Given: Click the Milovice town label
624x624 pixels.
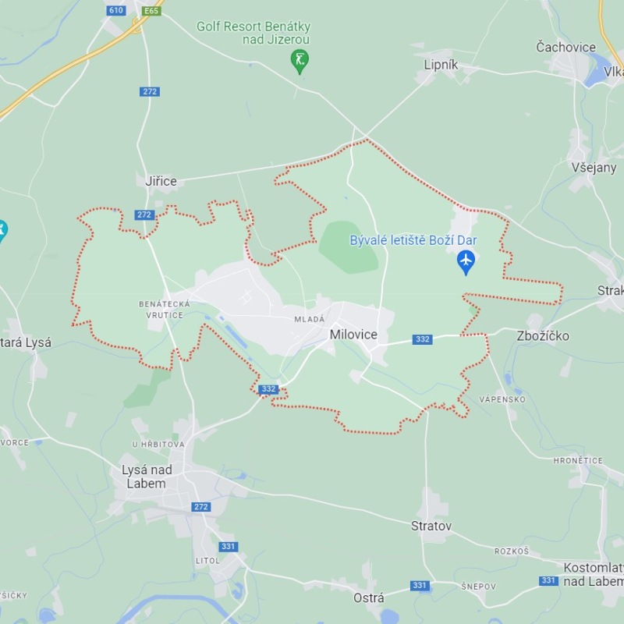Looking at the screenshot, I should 353,335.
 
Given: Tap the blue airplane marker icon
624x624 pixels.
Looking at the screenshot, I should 466,261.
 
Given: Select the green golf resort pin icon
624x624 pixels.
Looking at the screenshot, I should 300,59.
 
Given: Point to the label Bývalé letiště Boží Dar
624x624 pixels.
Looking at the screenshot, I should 413,240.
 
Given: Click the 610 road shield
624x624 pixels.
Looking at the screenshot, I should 116,10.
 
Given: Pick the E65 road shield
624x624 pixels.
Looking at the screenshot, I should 151,10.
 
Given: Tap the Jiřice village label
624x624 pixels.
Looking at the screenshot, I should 161,181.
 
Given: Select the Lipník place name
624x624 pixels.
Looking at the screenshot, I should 441,65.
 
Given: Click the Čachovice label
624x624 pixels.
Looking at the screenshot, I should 565,47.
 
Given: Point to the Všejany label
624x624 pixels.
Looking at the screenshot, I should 594,167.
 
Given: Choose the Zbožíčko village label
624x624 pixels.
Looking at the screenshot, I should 543,335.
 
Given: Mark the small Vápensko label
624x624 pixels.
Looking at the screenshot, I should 502,399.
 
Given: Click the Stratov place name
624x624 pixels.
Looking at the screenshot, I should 431,526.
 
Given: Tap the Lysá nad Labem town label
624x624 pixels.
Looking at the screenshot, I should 147,476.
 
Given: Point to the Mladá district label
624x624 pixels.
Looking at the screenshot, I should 309,319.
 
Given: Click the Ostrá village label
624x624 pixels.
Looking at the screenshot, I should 368,597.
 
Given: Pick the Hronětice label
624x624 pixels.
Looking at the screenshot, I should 578,461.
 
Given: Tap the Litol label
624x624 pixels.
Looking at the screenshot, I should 207,561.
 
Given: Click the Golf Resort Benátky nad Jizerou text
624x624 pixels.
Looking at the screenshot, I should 253,33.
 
